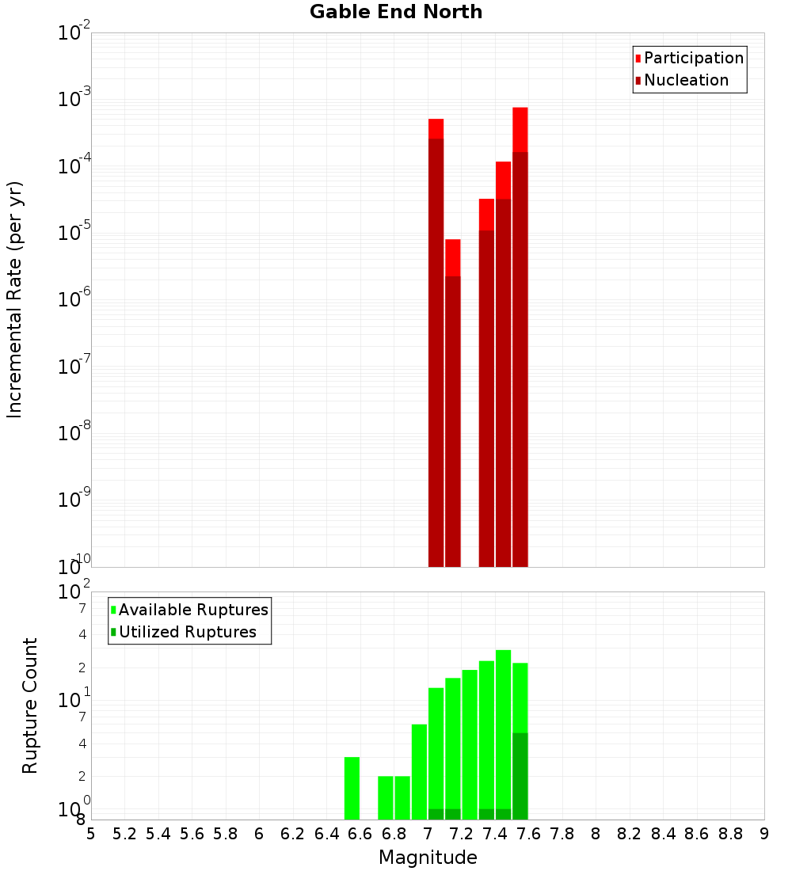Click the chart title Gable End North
tap(396, 12)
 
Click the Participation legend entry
tap(693, 58)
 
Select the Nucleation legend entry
tap(685, 80)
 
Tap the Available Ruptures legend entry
tap(192, 610)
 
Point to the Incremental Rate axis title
tap(14, 299)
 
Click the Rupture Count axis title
tap(30, 706)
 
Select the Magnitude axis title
tap(428, 858)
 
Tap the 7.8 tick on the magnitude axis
tap(562, 834)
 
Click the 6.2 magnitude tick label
tap(293, 834)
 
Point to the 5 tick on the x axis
tap(91, 834)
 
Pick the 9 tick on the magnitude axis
tap(764, 834)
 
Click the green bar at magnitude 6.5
tap(352, 788)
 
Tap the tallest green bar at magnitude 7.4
tap(503, 728)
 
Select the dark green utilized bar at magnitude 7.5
tap(520, 776)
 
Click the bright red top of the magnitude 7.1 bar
tap(452, 257)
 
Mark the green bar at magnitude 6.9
tap(419, 772)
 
